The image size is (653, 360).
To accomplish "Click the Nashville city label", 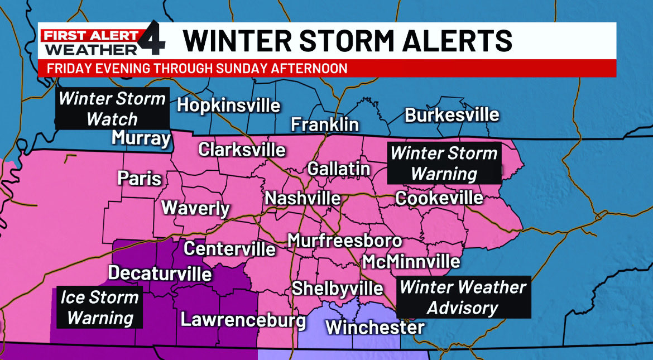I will pyautogui.click(x=303, y=198).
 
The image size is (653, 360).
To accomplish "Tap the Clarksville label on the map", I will pyautogui.click(x=242, y=150).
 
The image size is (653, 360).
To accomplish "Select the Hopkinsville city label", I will pyautogui.click(x=228, y=105).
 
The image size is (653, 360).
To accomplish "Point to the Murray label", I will pyautogui.click(x=141, y=138).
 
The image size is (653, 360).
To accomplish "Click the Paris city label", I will pyautogui.click(x=139, y=179).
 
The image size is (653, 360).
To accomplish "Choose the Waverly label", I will pyautogui.click(x=195, y=208).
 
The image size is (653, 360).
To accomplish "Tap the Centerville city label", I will pyautogui.click(x=229, y=248).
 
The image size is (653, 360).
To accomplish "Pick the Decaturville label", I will pyautogui.click(x=160, y=273).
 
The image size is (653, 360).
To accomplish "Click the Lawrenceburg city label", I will pyautogui.click(x=243, y=320).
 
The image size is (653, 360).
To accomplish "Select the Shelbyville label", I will pyautogui.click(x=338, y=289).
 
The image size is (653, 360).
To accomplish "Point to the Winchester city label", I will pyautogui.click(x=374, y=327).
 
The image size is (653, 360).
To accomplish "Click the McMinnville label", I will pyautogui.click(x=411, y=261).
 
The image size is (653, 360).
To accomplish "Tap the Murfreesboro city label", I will pyautogui.click(x=344, y=241).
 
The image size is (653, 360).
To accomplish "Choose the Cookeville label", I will pyautogui.click(x=439, y=198).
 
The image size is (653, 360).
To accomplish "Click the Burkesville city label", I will pyautogui.click(x=452, y=116).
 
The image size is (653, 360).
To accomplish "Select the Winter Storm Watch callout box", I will pyautogui.click(x=112, y=109).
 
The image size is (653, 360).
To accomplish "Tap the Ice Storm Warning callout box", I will pyautogui.click(x=99, y=308).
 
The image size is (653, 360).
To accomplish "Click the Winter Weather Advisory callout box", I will pyautogui.click(x=463, y=297).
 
